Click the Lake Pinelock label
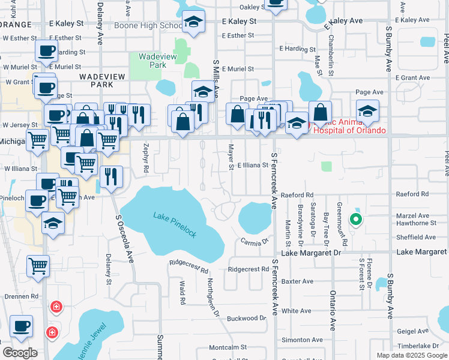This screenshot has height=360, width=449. [175, 224]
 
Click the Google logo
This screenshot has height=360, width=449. [20, 353]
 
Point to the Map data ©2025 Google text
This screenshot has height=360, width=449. [411, 355]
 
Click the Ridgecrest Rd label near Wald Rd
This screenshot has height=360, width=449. [188, 263]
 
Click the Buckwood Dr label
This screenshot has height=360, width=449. [246, 318]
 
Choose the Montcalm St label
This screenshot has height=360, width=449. [228, 347]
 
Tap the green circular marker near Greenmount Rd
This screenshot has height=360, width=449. [355, 220]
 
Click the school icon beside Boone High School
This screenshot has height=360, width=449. [193, 23]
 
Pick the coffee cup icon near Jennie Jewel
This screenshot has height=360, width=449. [22, 326]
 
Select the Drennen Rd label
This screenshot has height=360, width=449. [22, 296]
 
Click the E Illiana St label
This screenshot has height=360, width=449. [252, 165]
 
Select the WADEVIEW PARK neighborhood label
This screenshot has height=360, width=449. [94, 80]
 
